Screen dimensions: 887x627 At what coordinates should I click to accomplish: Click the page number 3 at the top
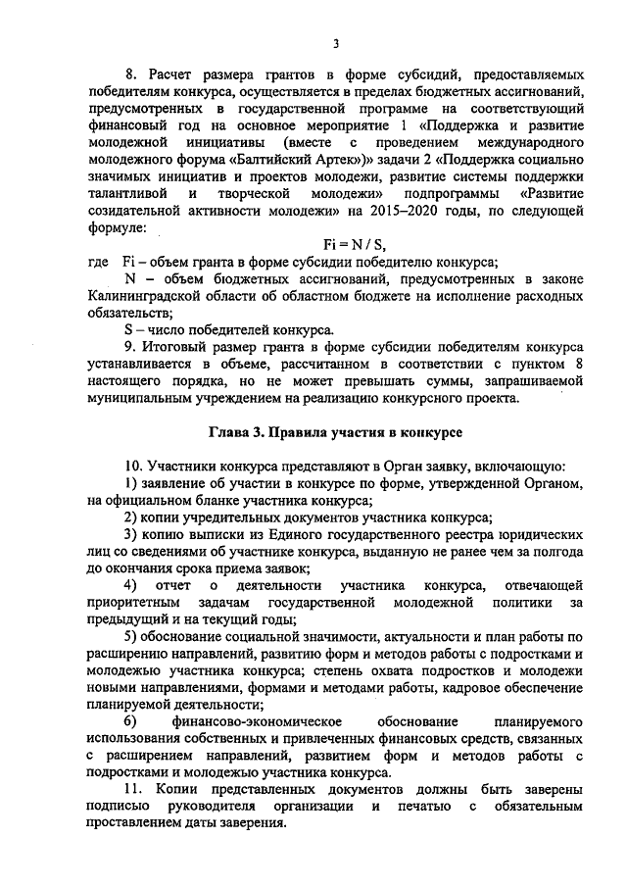(335, 42)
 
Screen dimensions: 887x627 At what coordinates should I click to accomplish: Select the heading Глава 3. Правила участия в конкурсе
(334, 432)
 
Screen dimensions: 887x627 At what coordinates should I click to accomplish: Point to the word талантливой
(126, 193)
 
